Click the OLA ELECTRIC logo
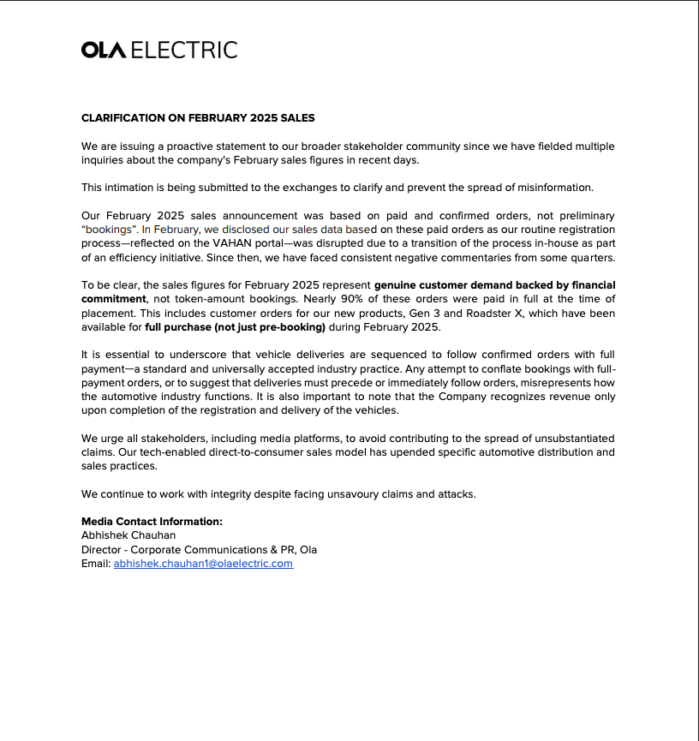point(159,51)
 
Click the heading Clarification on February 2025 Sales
point(198,117)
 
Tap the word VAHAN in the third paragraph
point(230,243)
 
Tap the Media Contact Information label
point(152,522)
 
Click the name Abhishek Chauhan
point(128,535)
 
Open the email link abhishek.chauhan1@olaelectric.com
point(203,564)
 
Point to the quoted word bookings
point(110,230)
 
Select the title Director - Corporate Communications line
point(199,550)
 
